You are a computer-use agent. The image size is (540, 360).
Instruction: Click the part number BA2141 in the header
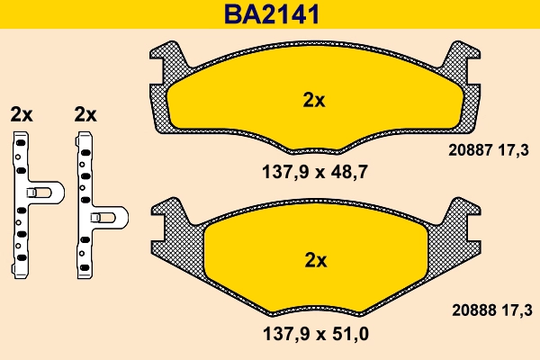(x=269, y=14)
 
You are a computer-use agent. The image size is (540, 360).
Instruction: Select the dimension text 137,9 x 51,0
(x=313, y=334)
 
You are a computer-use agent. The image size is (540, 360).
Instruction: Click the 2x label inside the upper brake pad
(x=313, y=101)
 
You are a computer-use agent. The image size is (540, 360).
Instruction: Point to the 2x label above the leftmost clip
(x=22, y=114)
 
